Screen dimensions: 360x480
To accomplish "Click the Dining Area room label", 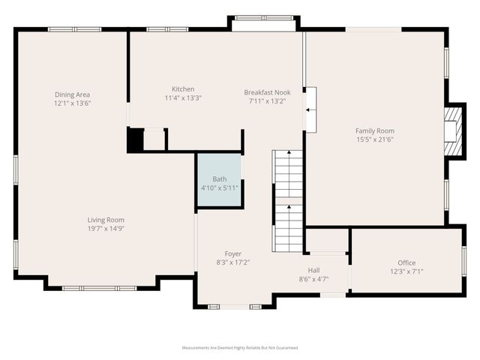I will click(x=72, y=94).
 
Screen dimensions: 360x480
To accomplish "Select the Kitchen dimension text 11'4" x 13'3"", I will click(x=183, y=97).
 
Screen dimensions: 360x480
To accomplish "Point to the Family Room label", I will click(x=374, y=130).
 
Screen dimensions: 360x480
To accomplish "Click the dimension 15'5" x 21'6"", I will click(x=374, y=139).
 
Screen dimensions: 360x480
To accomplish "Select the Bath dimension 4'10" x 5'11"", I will click(x=219, y=187).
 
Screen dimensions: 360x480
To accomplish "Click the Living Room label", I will click(x=105, y=219).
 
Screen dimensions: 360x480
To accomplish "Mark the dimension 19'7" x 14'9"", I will click(x=105, y=228).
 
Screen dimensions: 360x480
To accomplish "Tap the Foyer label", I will click(x=233, y=253).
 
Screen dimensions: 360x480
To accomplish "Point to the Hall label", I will click(x=313, y=270).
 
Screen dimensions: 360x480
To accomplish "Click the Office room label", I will click(x=406, y=262).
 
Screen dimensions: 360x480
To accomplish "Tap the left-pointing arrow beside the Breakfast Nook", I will click(x=310, y=109).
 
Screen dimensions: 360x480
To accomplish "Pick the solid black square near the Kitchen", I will click(x=135, y=140).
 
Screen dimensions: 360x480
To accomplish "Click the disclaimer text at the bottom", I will click(x=240, y=348).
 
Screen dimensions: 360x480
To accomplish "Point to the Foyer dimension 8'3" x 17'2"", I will click(x=233, y=262).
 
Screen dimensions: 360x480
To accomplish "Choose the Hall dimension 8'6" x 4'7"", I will click(x=313, y=279).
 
